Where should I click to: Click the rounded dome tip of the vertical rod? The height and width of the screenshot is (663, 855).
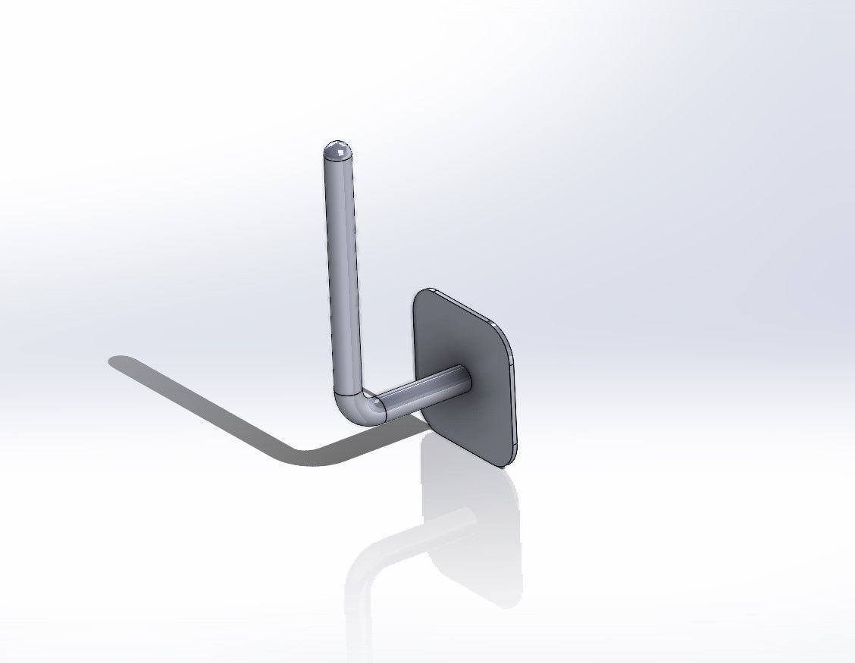coord(337,147)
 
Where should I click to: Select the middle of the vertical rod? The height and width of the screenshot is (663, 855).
coord(343,273)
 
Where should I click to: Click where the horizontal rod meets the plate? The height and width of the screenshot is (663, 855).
coord(464,379)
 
